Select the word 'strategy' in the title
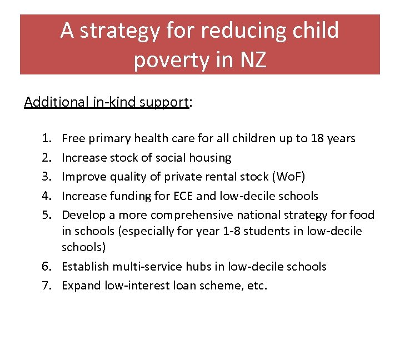click(125, 31)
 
